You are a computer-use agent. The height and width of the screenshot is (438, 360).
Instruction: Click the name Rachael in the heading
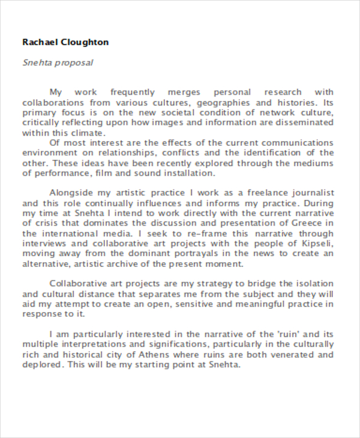pyautogui.click(x=40, y=42)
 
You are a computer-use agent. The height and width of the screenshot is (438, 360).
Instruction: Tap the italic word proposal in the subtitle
pyautogui.click(x=76, y=62)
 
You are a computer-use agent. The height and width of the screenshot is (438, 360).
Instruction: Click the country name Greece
pyautogui.click(x=317, y=223)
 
